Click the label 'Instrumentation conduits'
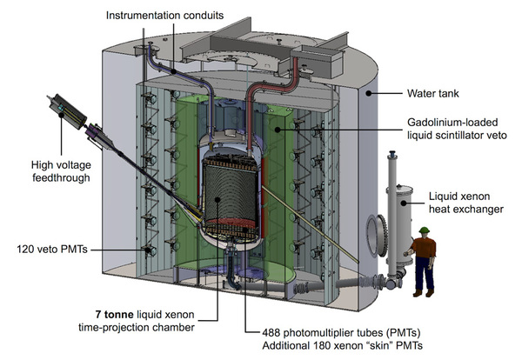click(166, 15)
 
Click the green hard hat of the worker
click(425, 231)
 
